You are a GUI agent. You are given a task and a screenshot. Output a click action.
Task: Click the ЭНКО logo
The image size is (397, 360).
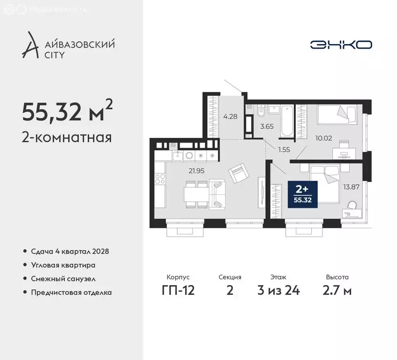pos(341,45)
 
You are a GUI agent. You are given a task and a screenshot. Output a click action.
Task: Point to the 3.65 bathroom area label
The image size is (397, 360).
pos(266,126)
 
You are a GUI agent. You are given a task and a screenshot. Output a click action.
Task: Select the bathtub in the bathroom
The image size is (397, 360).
pos(287,120)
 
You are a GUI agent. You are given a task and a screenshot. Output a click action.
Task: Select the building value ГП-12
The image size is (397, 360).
pos(178,290)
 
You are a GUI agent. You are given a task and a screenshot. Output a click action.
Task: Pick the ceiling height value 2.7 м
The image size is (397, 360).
pos(337,290)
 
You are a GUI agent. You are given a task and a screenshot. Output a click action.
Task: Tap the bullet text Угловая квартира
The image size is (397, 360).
pos(63,265)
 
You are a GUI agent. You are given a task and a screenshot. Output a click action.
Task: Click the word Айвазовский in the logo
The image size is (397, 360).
pos(82,45)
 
